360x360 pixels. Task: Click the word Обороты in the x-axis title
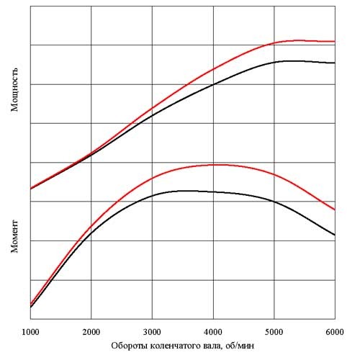click(129, 346)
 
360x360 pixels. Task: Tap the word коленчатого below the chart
click(175, 346)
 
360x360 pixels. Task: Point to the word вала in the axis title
click(214, 346)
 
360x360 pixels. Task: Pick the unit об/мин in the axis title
click(240, 346)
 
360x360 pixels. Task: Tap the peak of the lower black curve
click(184, 190)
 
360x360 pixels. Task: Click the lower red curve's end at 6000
click(335, 210)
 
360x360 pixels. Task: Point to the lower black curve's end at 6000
click(335, 235)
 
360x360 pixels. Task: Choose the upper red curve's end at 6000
click(335, 41)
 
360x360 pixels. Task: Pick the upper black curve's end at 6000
click(335, 63)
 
